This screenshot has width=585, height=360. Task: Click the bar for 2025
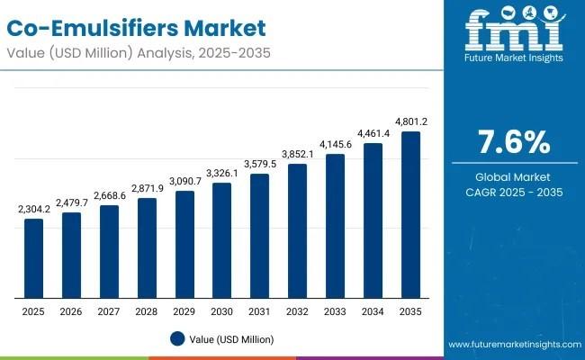pyautogui.click(x=33, y=258)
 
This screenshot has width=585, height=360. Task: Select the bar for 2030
pyautogui.click(x=222, y=240)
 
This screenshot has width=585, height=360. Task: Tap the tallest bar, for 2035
pyautogui.click(x=410, y=215)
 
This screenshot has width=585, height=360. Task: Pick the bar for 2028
pyautogui.click(x=147, y=248)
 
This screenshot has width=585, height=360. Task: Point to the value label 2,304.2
pyautogui.click(x=33, y=209)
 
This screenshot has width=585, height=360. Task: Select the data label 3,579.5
pyautogui.click(x=260, y=164)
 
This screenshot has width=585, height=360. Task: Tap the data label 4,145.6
pyautogui.click(x=335, y=144)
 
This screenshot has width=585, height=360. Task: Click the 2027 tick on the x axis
pyautogui.click(x=109, y=311)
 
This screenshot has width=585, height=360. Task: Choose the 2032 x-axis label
pyautogui.click(x=297, y=311)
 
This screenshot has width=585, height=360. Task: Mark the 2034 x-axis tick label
pyautogui.click(x=373, y=311)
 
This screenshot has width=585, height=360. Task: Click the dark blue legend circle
pyautogui.click(x=176, y=338)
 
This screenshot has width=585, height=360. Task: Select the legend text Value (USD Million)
pyautogui.click(x=233, y=339)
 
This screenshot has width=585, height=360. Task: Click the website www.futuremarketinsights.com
pyautogui.click(x=511, y=345)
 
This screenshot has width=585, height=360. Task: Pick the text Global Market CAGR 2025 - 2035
pyautogui.click(x=512, y=184)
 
